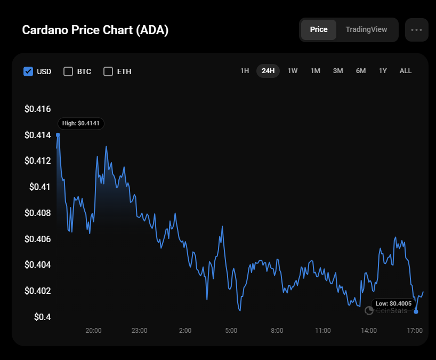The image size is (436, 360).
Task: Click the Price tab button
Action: pyautogui.click(x=319, y=29)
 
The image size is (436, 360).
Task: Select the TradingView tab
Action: pyautogui.click(x=366, y=29)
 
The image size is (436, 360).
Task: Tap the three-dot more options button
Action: pyautogui.click(x=416, y=30)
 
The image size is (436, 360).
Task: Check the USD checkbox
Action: pyautogui.click(x=28, y=71)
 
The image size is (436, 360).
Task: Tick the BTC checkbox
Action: pyautogui.click(x=68, y=71)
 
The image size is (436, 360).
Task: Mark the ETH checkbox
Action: pyautogui.click(x=108, y=71)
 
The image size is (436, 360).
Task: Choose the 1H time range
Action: pyautogui.click(x=245, y=71)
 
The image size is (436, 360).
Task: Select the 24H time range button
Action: pyautogui.click(x=268, y=71)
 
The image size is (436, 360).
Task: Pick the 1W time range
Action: pyautogui.click(x=293, y=71)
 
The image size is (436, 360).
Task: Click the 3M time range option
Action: pyautogui.click(x=338, y=71)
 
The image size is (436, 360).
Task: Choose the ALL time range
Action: pyautogui.click(x=406, y=71)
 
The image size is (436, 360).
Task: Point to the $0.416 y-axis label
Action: pyautogui.click(x=37, y=109)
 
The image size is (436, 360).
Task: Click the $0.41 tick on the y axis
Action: pyautogui.click(x=40, y=187)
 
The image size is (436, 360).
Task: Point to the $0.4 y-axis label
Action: pyautogui.click(x=42, y=317)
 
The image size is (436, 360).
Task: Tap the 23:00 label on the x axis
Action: pyautogui.click(x=139, y=331)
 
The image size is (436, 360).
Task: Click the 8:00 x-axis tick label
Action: pyautogui.click(x=277, y=331)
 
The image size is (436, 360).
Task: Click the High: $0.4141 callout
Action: pyautogui.click(x=81, y=124)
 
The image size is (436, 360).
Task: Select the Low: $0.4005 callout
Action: pyautogui.click(x=393, y=303)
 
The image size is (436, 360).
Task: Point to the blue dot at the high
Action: pyautogui.click(x=58, y=135)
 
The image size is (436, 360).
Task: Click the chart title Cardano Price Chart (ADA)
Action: pyautogui.click(x=95, y=30)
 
